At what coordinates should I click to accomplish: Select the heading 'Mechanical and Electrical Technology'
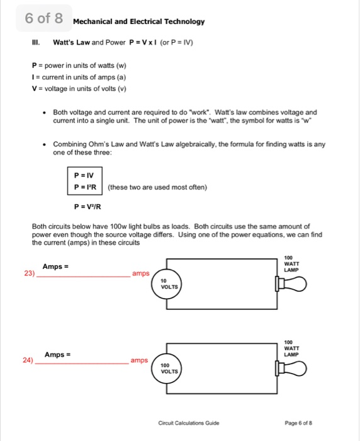[138, 21]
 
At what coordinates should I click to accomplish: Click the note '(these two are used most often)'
[157, 186]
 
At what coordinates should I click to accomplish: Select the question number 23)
[28, 274]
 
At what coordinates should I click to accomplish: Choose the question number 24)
[28, 360]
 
